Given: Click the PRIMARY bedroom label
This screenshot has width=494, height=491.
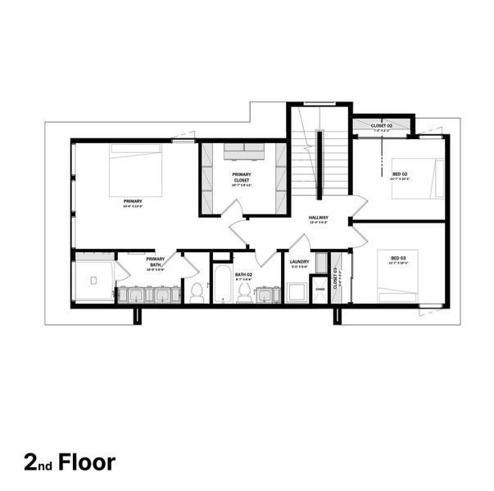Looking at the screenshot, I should point(133,200).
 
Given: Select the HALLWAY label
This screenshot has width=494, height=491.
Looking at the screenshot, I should point(319,218).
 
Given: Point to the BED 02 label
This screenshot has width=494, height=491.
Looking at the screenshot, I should point(401,173).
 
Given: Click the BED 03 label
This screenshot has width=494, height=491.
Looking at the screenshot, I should point(397,259).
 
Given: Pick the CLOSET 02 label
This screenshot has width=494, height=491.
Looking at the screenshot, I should point(382,125).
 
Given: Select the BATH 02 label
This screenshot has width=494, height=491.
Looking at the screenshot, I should point(243,274).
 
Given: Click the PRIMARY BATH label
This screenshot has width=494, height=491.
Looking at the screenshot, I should point(156,262).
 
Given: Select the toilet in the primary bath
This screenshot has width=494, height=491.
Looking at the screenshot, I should point(197,292).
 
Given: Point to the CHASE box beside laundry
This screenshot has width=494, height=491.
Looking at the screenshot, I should point(320,289).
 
